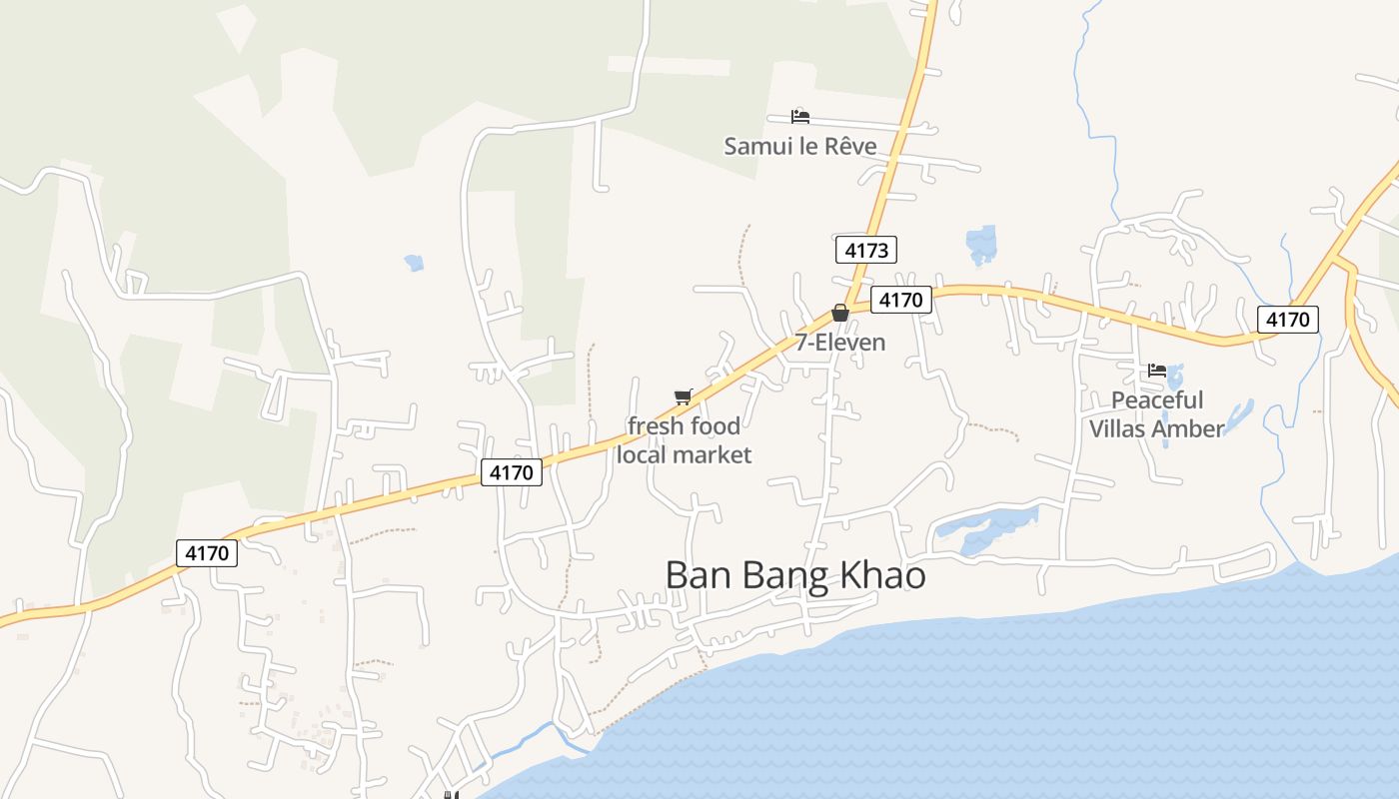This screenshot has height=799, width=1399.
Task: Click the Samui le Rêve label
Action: click(x=799, y=147)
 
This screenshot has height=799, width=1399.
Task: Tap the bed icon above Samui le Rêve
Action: click(x=799, y=117)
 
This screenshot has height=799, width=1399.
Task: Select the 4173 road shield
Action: click(x=865, y=250)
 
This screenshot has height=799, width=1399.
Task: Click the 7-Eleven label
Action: click(x=840, y=343)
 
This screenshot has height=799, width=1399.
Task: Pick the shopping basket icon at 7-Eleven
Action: click(x=840, y=313)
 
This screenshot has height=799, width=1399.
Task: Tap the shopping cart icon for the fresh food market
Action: click(x=684, y=398)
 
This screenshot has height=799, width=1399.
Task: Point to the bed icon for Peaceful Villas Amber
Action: click(x=1157, y=371)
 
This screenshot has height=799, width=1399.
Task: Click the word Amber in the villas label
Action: click(x=1186, y=429)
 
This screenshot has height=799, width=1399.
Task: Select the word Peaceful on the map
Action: click(x=1157, y=400)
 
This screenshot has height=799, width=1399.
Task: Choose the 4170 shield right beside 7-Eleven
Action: click(x=900, y=300)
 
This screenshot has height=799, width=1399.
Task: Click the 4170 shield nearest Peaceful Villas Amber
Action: click(x=1287, y=320)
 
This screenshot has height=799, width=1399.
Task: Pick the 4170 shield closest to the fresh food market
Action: click(x=512, y=472)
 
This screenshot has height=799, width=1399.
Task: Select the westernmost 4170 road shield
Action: click(x=207, y=553)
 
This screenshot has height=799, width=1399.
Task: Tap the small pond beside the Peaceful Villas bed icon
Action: click(x=1175, y=379)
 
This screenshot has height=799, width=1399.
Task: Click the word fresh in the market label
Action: click(x=657, y=426)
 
